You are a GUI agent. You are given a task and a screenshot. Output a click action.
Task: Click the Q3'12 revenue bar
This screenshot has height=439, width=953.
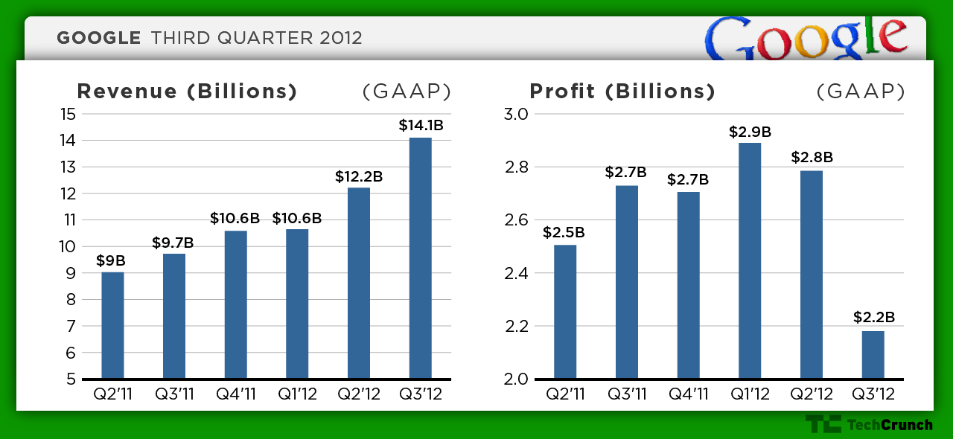pos(421,258)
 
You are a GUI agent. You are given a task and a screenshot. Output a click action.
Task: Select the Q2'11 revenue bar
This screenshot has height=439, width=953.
pos(112,325)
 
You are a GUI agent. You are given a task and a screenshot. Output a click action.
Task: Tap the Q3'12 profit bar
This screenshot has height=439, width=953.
pos(873,354)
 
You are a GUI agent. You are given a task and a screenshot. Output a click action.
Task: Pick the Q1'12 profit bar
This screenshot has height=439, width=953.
pos(750,260)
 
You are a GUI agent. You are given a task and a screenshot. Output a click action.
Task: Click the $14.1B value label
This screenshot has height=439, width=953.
pos(421,126)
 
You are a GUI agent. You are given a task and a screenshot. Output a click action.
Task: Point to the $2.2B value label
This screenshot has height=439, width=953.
pos(873,318)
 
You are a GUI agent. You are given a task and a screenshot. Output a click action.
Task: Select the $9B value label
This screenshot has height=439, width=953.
pos(111,260)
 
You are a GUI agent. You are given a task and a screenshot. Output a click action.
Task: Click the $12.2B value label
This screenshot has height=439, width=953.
pos(359,176)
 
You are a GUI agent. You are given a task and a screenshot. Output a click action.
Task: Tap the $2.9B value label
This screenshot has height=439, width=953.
pos(750,132)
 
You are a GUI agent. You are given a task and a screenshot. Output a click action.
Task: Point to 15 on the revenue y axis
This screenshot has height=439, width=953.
pos(68,114)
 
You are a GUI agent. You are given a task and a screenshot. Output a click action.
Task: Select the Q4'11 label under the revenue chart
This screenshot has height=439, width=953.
pos(236,394)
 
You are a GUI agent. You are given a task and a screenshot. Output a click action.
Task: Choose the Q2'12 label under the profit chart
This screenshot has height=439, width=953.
pos(812,394)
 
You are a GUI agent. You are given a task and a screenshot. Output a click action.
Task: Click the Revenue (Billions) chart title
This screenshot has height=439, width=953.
pos(187,92)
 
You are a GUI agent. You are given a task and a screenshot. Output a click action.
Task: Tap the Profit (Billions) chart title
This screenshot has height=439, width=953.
pos(622,92)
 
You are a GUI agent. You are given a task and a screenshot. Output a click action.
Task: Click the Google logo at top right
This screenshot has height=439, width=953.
pos(806,39)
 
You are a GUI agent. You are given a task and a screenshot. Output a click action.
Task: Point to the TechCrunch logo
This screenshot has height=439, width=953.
pos(868,425)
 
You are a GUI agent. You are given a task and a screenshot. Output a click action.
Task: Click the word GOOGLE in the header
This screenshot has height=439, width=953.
pos(99,38)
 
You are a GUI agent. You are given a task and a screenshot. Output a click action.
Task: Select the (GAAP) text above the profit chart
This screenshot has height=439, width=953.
pos(861,92)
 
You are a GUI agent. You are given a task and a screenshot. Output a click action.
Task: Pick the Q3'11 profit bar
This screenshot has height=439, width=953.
pos(627,282)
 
